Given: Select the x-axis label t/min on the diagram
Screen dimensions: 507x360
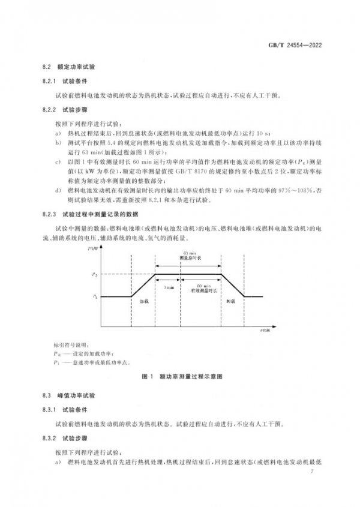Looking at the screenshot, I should pyautogui.click(x=265, y=330).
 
